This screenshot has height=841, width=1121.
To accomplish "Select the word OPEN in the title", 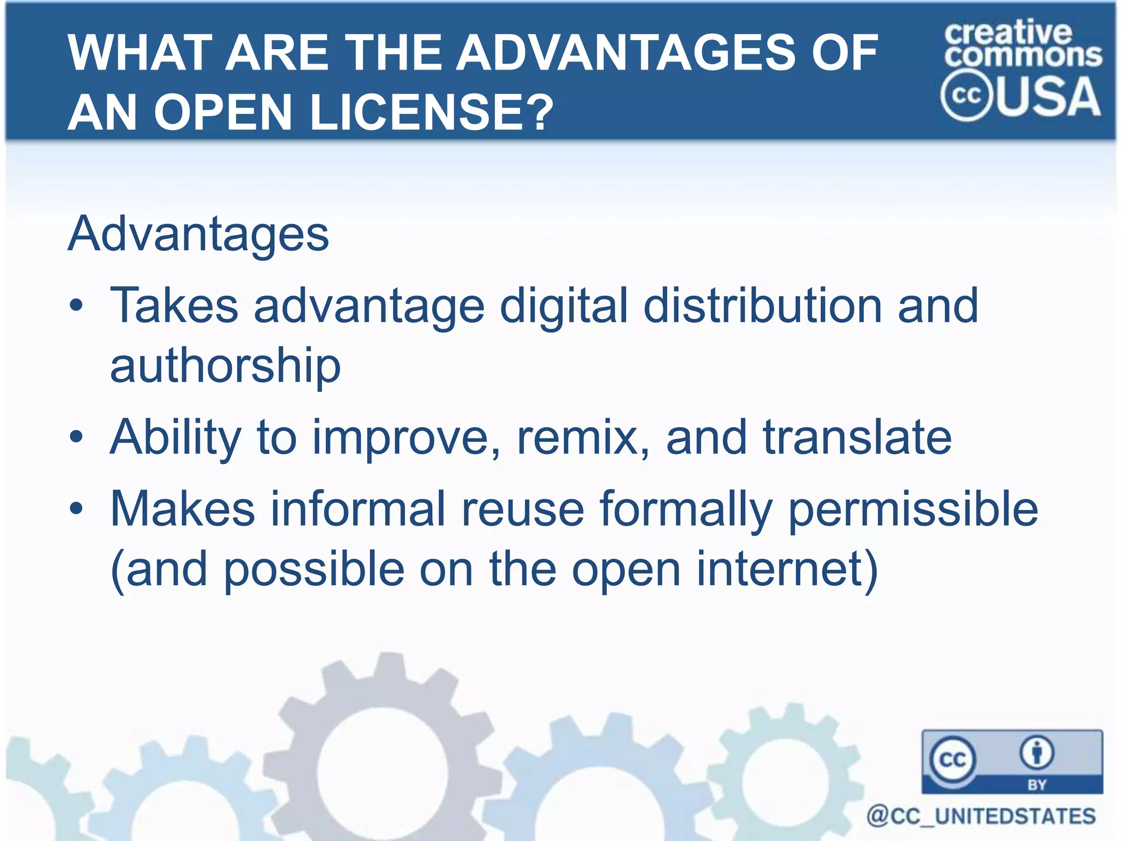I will click(223, 112).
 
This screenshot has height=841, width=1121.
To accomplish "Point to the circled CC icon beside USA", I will click(966, 96).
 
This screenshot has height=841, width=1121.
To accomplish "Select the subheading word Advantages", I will click(198, 234).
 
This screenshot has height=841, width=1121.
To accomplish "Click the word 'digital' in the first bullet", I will click(564, 307).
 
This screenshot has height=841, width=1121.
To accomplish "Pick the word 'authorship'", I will click(226, 366).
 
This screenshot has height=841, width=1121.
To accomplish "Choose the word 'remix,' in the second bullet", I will click(583, 438).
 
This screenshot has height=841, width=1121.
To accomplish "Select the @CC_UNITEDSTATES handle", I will click(981, 816).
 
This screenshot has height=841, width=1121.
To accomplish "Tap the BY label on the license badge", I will click(1037, 785).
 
